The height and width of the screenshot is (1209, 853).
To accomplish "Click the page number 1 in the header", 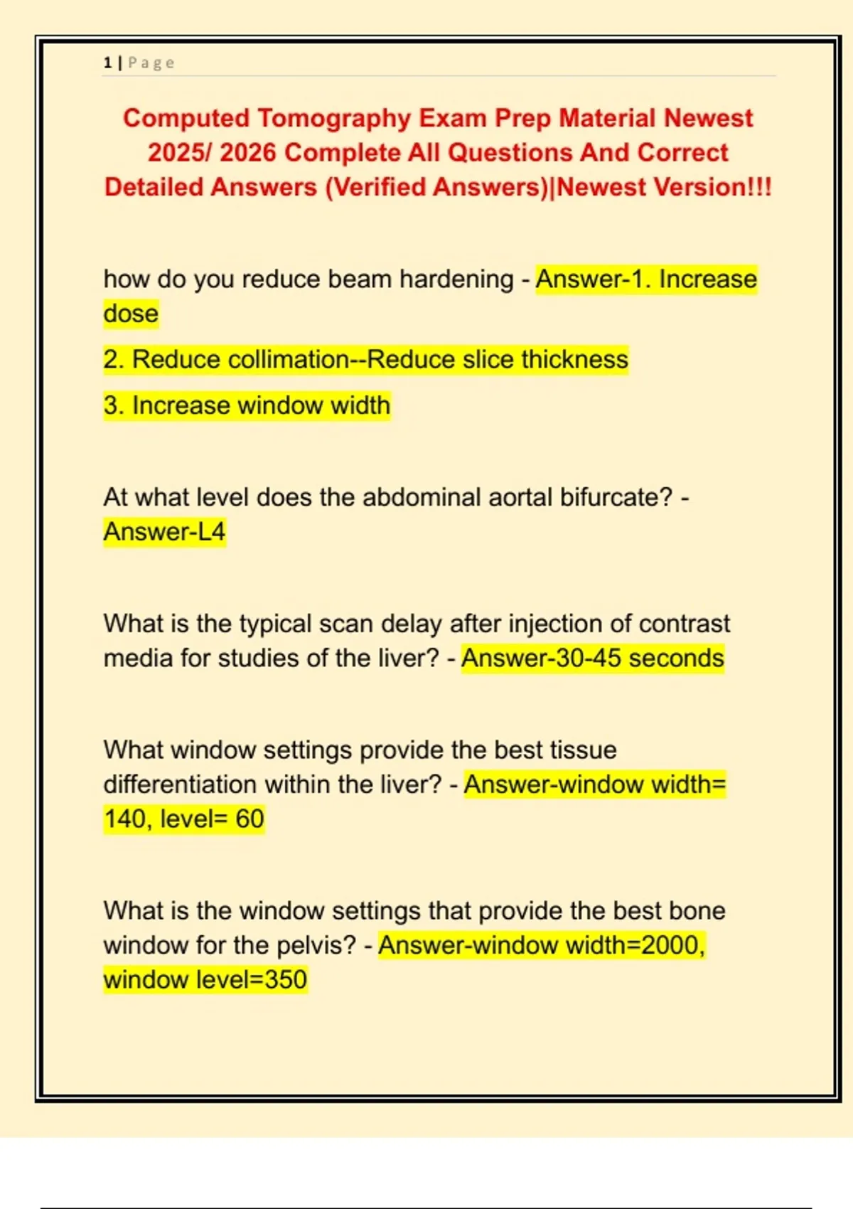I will tap(107, 63).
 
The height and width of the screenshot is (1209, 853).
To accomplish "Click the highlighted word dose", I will tap(131, 314).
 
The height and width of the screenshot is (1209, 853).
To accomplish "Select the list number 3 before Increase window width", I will tap(110, 405).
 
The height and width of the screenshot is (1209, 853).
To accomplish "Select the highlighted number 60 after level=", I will tap(250, 819).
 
